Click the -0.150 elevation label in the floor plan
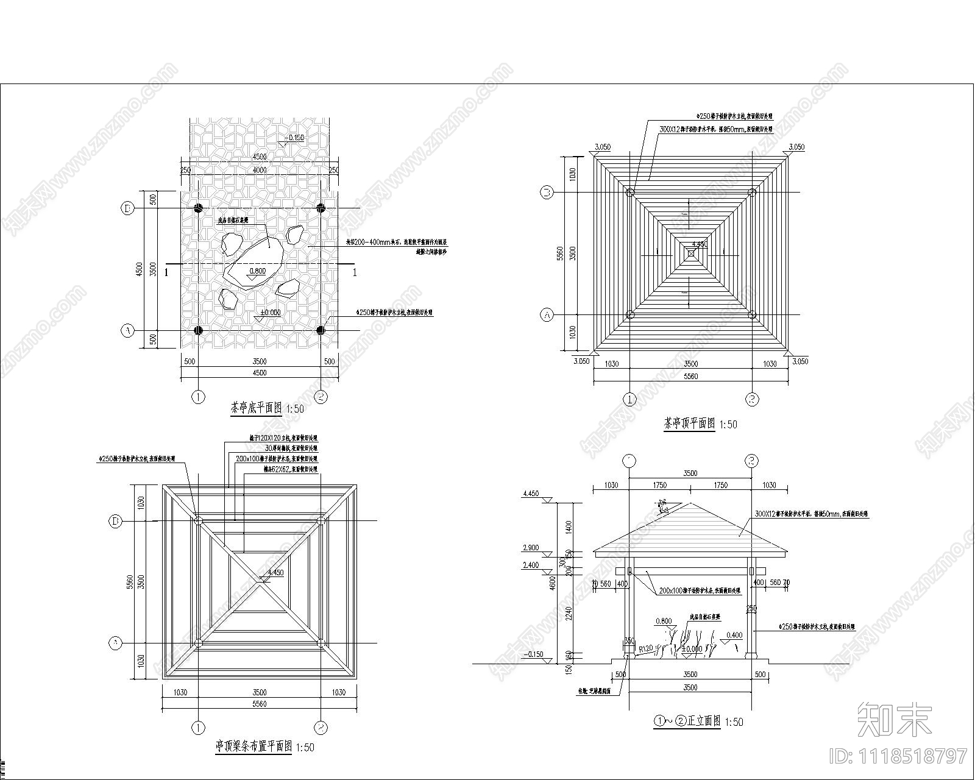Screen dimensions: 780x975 coord(295,138)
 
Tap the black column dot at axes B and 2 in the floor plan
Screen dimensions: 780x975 coord(321,208)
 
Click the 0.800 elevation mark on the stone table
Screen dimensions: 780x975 coord(258,271)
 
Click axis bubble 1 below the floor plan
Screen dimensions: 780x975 coord(198,397)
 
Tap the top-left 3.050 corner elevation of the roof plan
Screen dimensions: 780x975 coord(602,147)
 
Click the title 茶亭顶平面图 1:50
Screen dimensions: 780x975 coord(700,424)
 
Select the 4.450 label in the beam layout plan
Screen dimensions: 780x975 coord(275,573)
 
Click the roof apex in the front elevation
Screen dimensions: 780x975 coord(690,503)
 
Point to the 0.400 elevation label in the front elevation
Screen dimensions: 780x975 coord(734,635)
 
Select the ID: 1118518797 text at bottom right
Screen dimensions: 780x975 coord(898,756)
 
